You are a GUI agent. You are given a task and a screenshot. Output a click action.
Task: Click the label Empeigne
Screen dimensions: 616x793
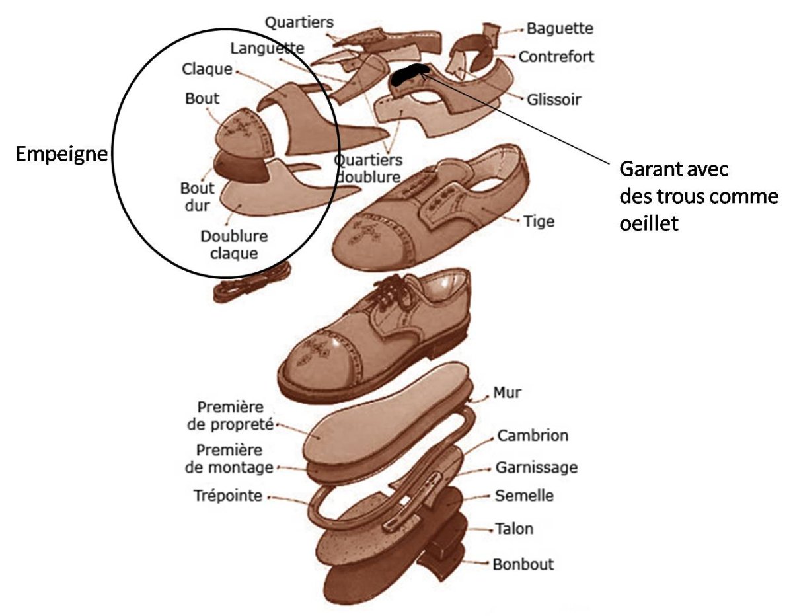tap(61, 155)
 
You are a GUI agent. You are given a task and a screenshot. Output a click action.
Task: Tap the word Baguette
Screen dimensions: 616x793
tap(559, 29)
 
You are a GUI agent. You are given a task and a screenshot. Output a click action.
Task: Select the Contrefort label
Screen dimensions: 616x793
tap(556, 57)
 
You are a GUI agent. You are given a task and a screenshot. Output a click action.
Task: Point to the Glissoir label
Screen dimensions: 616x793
tap(554, 100)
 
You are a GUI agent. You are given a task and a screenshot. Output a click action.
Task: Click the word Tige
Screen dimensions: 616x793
tap(539, 221)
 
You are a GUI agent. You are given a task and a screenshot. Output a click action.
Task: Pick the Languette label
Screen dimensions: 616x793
tap(268, 48)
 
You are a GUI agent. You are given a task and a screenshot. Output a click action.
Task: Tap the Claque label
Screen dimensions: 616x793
tap(208, 69)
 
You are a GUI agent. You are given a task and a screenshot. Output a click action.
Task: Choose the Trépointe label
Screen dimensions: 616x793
tap(228, 496)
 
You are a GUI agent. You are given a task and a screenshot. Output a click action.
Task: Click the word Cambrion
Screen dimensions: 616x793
tap(533, 436)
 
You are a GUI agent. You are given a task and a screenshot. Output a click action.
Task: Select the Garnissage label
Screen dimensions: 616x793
tap(536, 468)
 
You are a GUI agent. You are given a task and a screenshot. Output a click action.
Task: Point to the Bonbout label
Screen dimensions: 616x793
tap(523, 564)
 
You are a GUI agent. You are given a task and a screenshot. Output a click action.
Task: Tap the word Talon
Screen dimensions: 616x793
tap(513, 529)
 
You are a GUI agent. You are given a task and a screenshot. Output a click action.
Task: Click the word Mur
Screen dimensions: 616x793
tap(507, 393)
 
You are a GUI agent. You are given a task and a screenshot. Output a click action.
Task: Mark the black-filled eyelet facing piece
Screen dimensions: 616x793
tap(408, 74)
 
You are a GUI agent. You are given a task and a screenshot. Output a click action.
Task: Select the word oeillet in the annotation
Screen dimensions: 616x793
tap(649, 224)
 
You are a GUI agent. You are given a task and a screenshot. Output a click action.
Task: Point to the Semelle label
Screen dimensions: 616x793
tap(524, 496)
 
